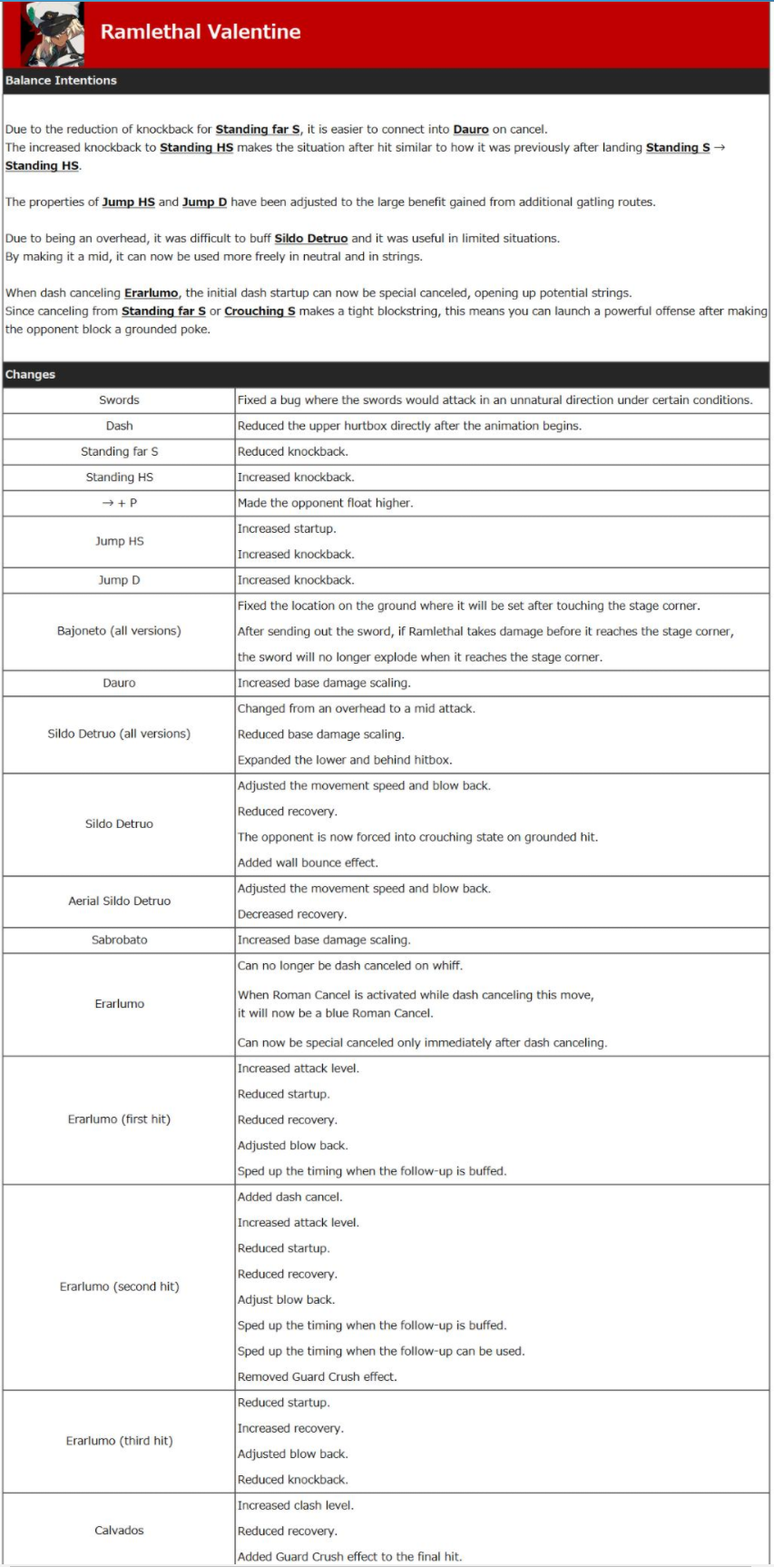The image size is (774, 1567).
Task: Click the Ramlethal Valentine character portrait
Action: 53,34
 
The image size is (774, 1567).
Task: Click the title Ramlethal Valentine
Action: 201,32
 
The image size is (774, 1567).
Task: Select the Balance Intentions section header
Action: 61,81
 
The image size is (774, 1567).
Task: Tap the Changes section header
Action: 30,374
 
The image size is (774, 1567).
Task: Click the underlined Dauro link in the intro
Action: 471,129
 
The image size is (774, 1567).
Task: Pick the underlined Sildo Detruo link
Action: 311,238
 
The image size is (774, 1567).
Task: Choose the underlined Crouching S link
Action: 260,310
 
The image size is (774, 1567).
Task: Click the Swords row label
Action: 119,400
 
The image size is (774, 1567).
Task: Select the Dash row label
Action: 119,426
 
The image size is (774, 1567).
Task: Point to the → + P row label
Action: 119,503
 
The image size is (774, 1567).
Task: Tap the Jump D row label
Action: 119,580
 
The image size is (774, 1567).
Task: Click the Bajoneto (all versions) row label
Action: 119,631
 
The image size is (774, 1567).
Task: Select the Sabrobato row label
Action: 119,941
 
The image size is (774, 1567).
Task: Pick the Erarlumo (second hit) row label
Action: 119,1286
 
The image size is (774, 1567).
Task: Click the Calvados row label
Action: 119,1531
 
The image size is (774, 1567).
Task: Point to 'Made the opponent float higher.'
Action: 325,503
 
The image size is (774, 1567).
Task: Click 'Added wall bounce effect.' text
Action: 308,862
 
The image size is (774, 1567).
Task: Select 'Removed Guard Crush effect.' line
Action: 317,1376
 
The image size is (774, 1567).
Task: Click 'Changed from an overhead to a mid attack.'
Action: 356,708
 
